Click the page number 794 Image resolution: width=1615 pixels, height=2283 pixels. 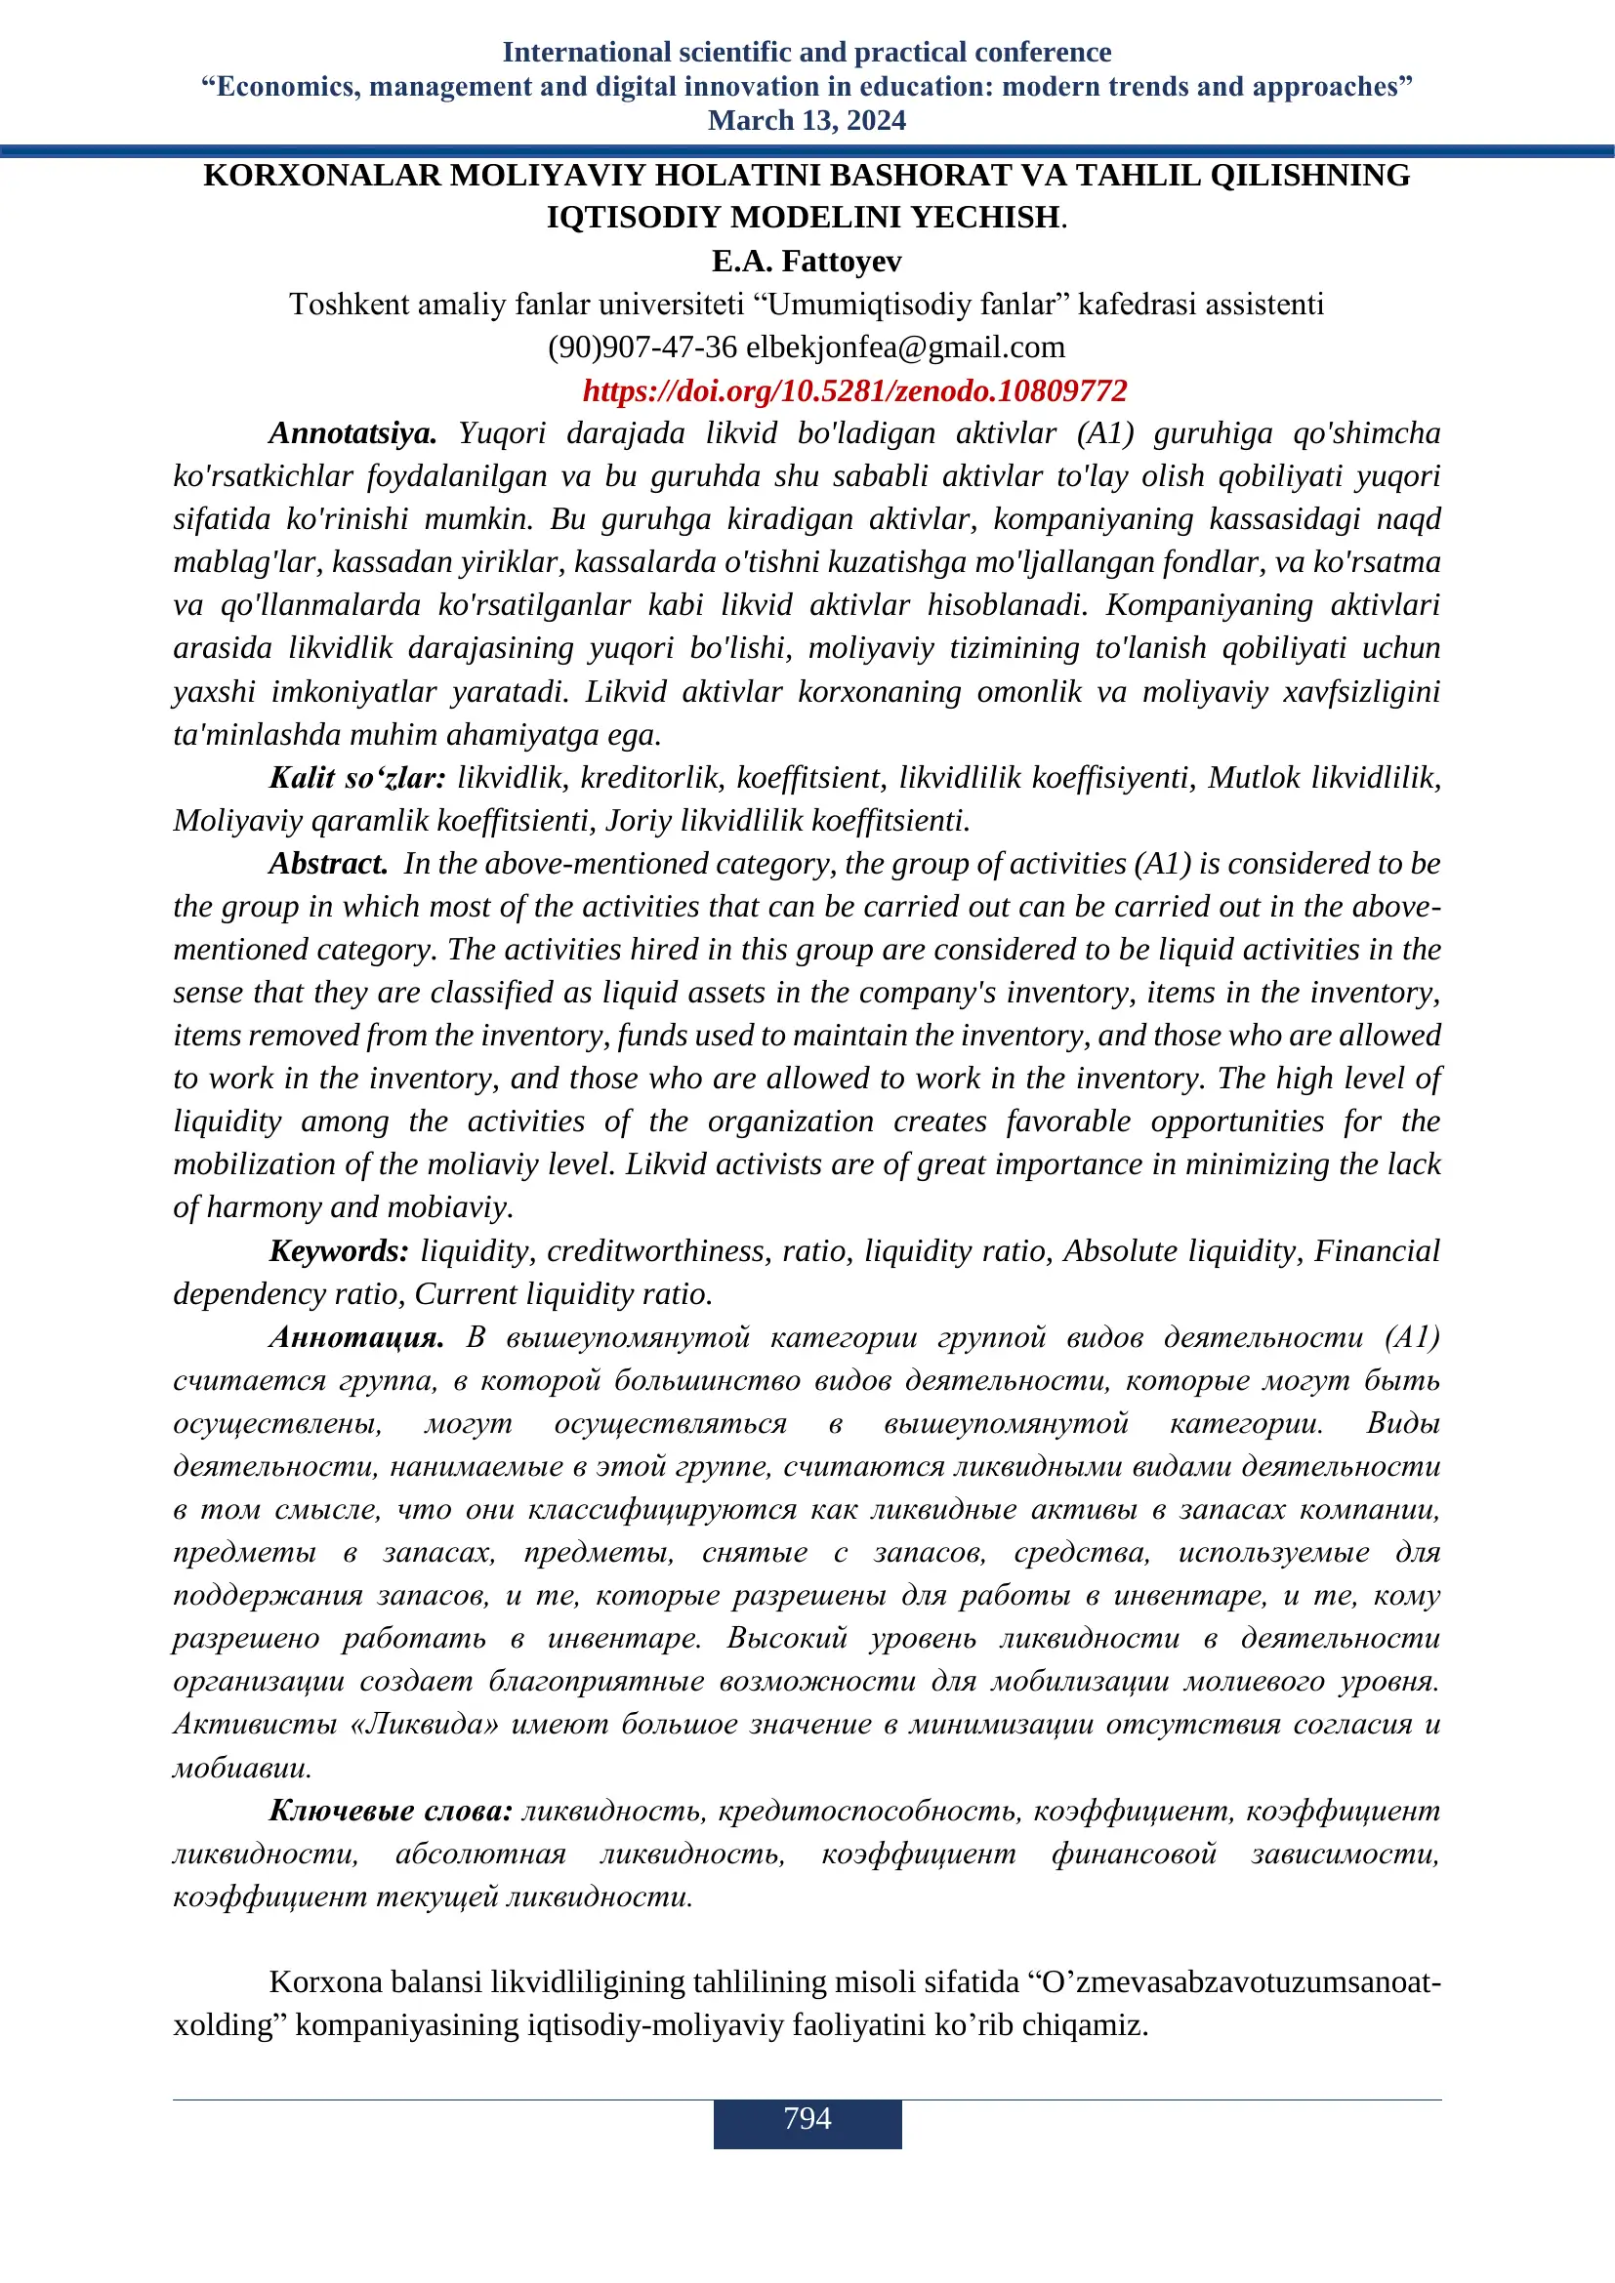(x=807, y=2118)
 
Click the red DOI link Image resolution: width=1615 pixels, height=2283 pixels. (x=854, y=390)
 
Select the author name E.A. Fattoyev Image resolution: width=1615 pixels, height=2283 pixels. (x=807, y=262)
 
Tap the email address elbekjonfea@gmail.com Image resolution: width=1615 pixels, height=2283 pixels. (x=905, y=347)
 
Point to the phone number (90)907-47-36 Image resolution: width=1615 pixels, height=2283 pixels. (x=642, y=347)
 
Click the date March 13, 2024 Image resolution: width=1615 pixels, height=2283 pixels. (x=807, y=120)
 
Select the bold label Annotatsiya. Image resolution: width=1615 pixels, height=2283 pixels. (x=353, y=433)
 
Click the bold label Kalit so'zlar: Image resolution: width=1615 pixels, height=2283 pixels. (x=358, y=778)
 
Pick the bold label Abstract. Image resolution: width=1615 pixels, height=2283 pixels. (x=328, y=863)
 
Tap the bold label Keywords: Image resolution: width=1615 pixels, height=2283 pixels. (x=339, y=1251)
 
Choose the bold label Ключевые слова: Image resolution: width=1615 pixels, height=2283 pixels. (x=391, y=1811)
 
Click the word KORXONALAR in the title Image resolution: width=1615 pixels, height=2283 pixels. (x=321, y=176)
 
